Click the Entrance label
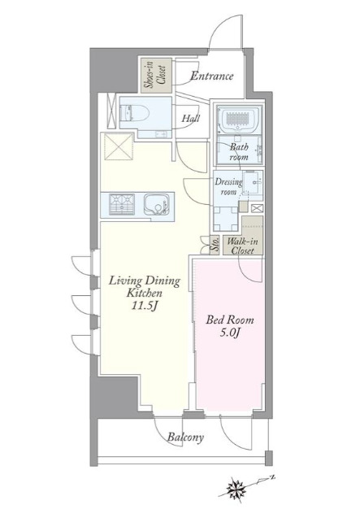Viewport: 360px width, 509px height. coord(212,76)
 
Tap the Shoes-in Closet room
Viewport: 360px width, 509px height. coord(156,76)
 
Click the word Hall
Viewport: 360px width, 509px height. coord(191,118)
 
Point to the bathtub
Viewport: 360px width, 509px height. coord(239,120)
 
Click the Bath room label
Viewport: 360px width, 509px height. coord(240,151)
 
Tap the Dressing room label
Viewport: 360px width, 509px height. coord(228,186)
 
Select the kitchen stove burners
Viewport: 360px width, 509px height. coord(122,204)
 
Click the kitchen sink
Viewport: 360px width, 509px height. coord(155,205)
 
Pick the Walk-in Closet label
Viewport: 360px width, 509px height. coord(242,246)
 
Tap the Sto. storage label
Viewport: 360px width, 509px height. coord(215,246)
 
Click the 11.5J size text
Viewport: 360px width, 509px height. coord(145,306)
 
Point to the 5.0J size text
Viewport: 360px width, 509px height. coord(230,333)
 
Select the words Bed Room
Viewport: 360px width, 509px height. coord(230,320)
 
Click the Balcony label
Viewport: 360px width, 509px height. coord(185,437)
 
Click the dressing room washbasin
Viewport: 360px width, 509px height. coord(253,182)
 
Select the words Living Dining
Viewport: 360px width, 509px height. coord(144,281)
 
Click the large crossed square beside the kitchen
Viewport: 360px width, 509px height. coord(118,146)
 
